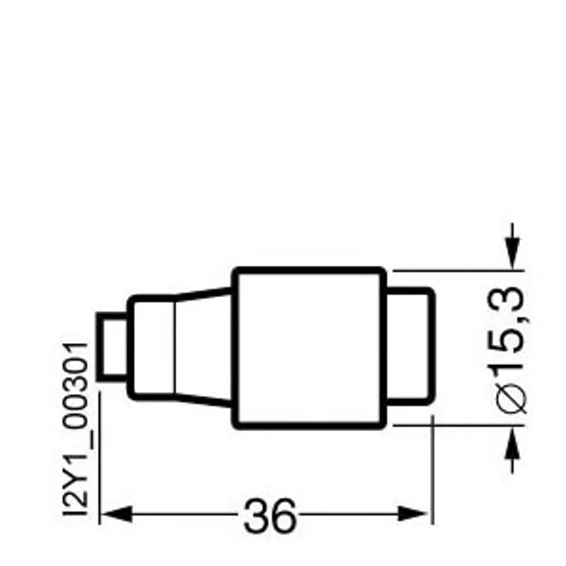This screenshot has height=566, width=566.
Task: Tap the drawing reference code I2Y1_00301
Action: click(75, 429)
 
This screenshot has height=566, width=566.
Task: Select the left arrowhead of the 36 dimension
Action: click(116, 514)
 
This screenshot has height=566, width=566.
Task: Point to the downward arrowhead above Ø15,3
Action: click(512, 253)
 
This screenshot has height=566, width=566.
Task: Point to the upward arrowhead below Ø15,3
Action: click(512, 443)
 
